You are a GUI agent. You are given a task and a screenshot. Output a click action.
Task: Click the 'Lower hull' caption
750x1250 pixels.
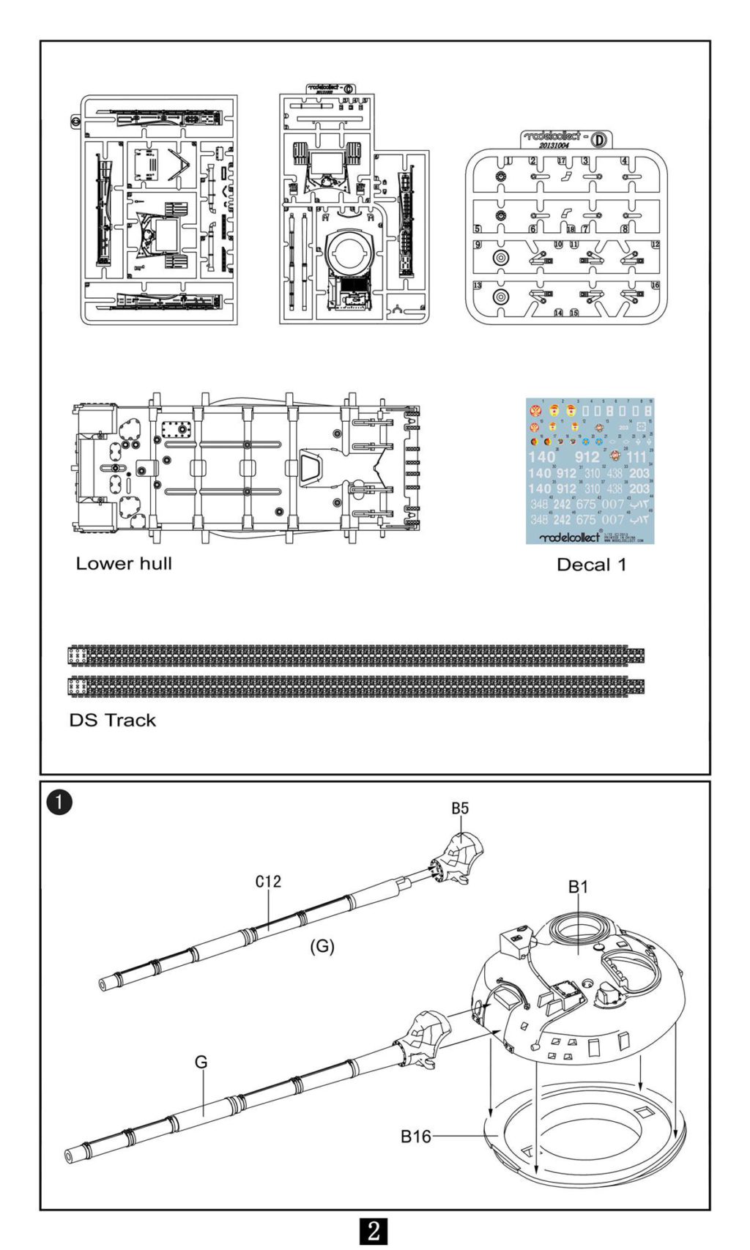124,564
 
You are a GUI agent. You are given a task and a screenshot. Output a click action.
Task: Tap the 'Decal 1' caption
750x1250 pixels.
591,565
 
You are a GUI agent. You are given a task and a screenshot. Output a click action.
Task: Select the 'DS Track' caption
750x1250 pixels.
112,721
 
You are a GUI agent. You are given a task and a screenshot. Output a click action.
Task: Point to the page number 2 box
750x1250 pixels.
374,1230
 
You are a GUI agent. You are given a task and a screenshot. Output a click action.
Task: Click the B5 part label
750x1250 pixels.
459,808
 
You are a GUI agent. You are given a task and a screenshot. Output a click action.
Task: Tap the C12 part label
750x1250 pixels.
268,882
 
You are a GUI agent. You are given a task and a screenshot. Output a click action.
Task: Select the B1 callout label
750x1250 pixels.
578,887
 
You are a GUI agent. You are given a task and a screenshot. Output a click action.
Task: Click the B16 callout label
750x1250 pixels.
415,1136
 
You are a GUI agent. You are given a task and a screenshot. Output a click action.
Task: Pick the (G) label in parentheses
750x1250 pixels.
322,946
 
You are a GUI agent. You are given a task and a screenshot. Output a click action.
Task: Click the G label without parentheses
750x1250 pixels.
201,1062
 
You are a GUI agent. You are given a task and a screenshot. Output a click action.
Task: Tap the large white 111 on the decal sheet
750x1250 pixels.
636,457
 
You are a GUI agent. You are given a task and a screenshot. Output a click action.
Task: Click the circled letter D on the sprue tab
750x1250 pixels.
598,139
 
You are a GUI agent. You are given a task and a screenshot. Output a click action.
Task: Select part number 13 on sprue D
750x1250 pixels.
478,286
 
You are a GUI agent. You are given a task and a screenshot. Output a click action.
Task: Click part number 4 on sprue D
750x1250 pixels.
624,161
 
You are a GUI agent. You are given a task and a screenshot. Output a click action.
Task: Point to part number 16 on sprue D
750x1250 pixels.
655,286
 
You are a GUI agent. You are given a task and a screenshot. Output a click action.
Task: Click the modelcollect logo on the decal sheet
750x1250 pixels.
570,537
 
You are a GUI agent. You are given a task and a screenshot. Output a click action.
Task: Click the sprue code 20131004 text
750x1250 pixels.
554,146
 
